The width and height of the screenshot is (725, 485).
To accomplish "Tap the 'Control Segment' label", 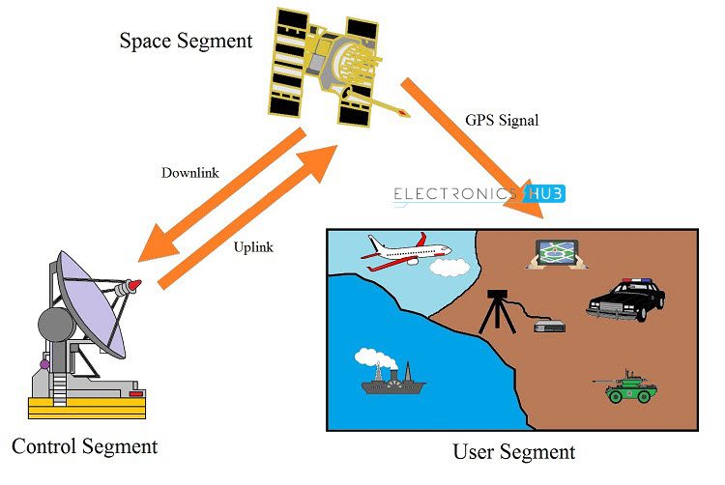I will [x=84, y=446].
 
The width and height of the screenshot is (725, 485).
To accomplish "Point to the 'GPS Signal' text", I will [x=502, y=122].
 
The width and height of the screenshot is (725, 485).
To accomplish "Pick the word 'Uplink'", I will [x=253, y=247].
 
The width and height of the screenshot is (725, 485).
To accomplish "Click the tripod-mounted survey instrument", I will [x=499, y=309].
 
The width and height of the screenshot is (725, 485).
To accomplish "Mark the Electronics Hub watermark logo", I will [x=478, y=194].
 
